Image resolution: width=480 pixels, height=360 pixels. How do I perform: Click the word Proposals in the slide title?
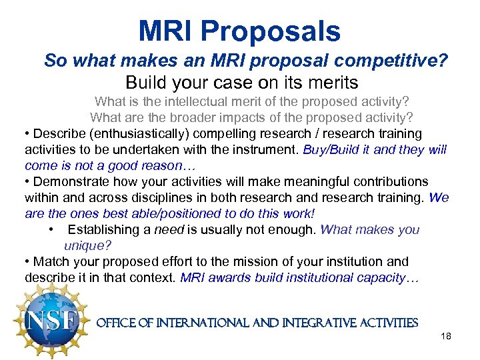point(271,31)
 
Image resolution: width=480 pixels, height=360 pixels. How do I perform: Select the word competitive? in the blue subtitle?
point(391,61)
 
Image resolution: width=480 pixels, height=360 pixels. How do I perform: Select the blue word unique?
point(88,245)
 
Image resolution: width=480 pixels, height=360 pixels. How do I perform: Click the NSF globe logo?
point(51,321)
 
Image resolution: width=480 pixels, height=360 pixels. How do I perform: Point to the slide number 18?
point(445,336)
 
